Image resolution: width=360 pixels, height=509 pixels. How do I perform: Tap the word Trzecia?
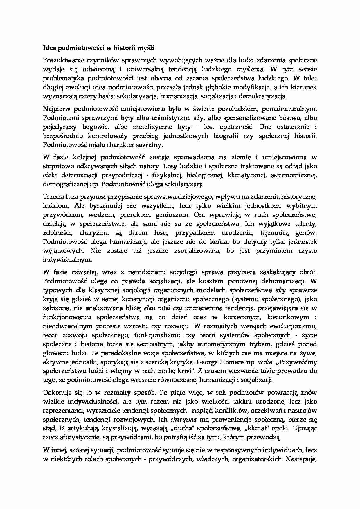point(52,197)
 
